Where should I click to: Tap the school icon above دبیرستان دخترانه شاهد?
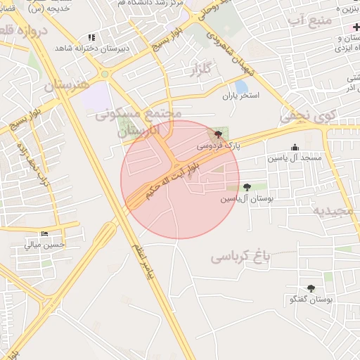click(91, 37)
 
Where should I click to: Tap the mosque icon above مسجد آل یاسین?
click(294, 148)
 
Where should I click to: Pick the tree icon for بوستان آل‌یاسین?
click(246, 187)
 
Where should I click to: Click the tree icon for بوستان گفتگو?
click(310, 288)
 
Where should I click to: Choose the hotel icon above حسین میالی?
click(45, 233)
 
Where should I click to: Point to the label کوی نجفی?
click(308, 116)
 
